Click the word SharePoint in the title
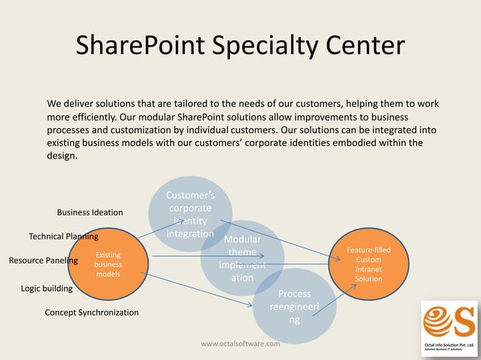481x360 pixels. (144, 46)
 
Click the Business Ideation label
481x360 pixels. (90, 212)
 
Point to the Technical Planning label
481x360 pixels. (63, 236)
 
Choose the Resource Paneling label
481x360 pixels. (43, 261)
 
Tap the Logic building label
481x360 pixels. (47, 288)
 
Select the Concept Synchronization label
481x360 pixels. (91, 312)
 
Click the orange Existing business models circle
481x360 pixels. (108, 264)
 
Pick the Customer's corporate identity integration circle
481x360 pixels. (190, 214)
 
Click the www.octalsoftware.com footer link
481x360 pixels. (240, 344)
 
